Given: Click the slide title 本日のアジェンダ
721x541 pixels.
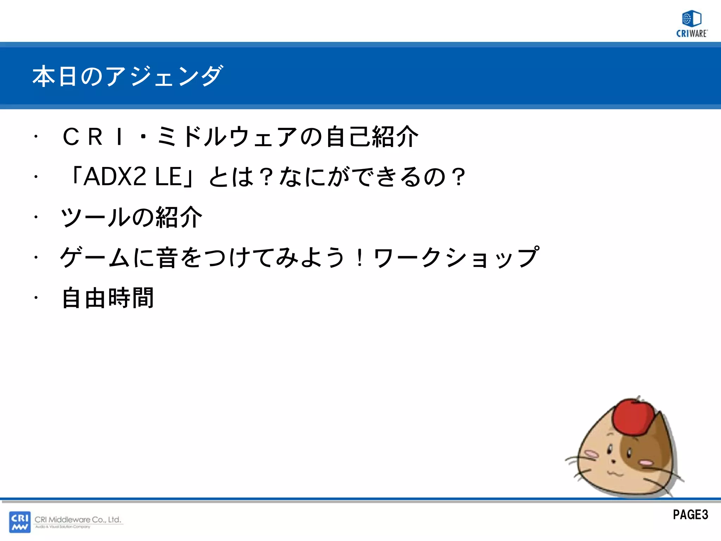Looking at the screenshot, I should (x=127, y=76).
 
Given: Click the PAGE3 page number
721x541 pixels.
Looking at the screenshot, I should (x=690, y=515).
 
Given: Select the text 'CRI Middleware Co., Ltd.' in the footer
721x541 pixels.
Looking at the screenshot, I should (x=78, y=520).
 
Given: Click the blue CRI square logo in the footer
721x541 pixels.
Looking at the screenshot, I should (x=20, y=522).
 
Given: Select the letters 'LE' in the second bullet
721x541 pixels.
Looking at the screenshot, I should (x=168, y=176).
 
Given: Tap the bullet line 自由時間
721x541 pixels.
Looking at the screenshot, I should (x=108, y=298).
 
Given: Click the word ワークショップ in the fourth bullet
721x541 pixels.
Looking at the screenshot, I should (x=456, y=257).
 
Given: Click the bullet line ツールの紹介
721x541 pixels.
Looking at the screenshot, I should (x=131, y=217).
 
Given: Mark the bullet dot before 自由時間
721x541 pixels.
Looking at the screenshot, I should (x=36, y=298).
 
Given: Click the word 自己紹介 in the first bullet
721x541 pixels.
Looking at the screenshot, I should (x=372, y=137).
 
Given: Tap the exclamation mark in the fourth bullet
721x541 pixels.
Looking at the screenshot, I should (x=359, y=257).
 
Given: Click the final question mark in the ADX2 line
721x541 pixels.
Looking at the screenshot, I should (x=459, y=177).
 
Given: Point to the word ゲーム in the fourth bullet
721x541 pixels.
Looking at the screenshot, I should (x=95, y=257).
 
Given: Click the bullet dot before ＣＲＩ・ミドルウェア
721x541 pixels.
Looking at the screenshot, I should (x=36, y=137).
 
